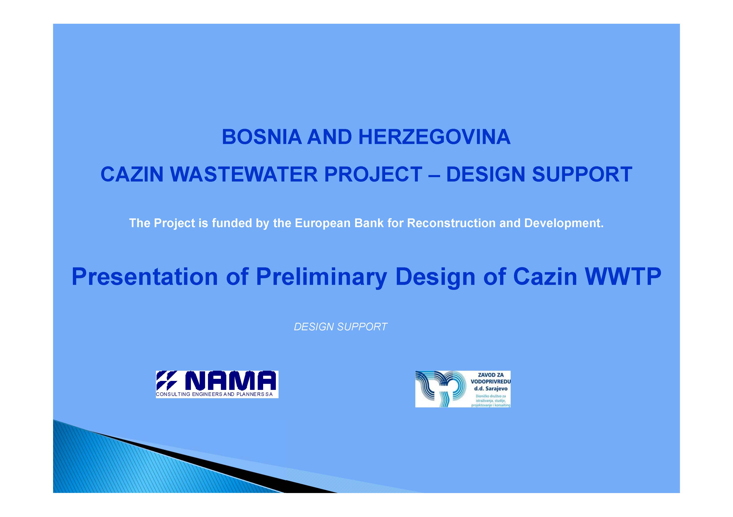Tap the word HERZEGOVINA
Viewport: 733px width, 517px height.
(434, 137)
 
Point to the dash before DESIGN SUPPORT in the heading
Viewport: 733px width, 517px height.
(434, 175)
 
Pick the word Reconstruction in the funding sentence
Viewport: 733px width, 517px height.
(451, 223)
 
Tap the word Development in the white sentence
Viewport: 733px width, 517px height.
(564, 223)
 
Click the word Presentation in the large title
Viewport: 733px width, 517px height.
(145, 277)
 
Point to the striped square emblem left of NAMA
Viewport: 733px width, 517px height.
(167, 381)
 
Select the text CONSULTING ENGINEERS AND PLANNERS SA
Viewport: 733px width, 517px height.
(214, 394)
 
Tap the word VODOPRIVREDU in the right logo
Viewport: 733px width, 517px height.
(491, 382)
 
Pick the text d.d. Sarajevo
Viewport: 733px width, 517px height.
(491, 389)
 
